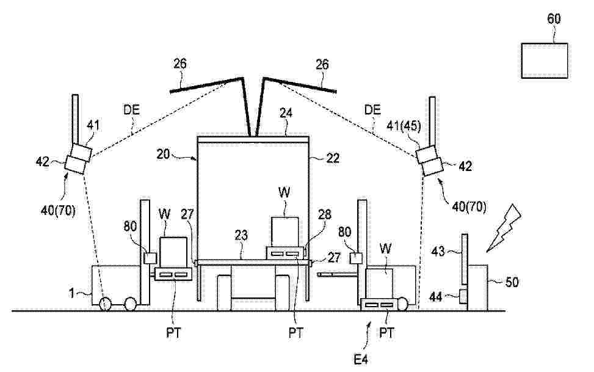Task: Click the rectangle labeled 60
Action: point(545,60)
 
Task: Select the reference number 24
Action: point(287,112)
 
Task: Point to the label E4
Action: point(360,359)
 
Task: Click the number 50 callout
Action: point(512,282)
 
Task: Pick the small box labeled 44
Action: point(463,296)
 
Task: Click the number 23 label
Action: point(241,236)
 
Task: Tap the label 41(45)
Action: point(404,126)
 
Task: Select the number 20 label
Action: point(163,155)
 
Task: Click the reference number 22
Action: point(333,158)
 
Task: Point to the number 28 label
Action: point(324,214)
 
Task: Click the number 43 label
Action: point(438,251)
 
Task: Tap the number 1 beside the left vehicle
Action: point(71,293)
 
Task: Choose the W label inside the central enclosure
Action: point(284,192)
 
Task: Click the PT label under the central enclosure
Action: point(296,333)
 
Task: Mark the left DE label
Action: point(131,109)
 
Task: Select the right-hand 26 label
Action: point(322,65)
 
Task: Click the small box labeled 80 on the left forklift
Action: point(150,258)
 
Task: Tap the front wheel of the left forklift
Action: point(130,304)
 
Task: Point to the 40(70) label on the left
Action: point(58,210)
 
